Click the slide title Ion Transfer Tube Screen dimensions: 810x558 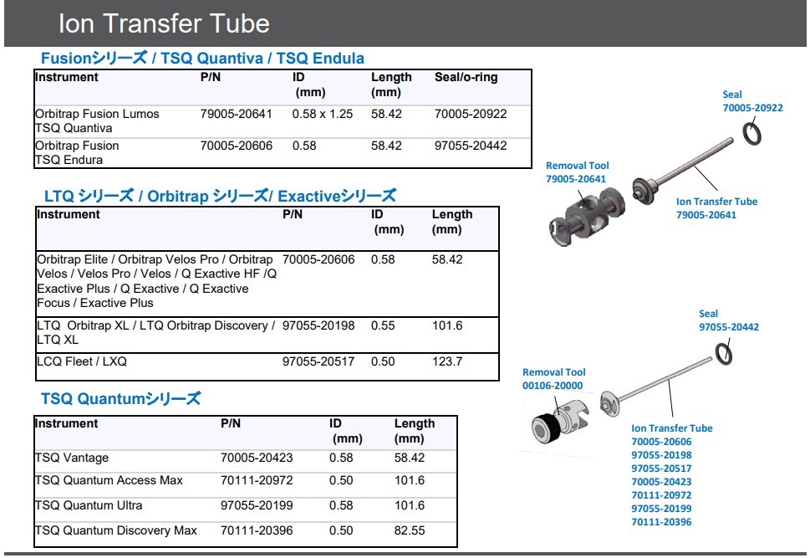pyautogui.click(x=164, y=23)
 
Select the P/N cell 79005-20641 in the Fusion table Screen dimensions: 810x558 pyautogui.click(x=236, y=114)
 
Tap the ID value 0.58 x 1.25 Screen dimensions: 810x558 pyautogui.click(x=323, y=114)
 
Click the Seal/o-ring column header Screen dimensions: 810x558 pyautogui.click(x=466, y=77)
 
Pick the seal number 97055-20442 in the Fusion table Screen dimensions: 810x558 pyautogui.click(x=471, y=146)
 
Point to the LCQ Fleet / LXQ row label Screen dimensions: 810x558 pyautogui.click(x=82, y=361)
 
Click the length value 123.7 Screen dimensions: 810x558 pyautogui.click(x=447, y=361)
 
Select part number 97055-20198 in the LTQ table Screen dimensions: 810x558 pyautogui.click(x=318, y=325)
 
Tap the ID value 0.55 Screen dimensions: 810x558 pyautogui.click(x=383, y=325)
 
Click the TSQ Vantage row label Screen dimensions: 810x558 pyautogui.click(x=72, y=458)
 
